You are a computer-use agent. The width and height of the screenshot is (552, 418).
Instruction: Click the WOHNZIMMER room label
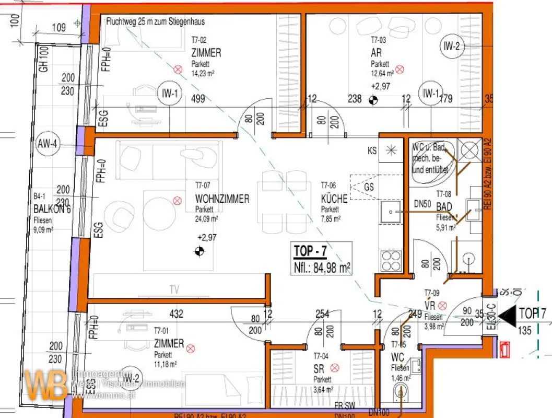click(222, 199)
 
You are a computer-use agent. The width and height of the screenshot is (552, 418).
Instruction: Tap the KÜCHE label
click(334, 199)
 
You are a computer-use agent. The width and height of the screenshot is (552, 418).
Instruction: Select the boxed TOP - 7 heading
click(311, 251)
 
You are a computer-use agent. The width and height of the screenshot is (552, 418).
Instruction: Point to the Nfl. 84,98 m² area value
click(322, 268)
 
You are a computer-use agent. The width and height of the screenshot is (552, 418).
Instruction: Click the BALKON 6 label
click(52, 210)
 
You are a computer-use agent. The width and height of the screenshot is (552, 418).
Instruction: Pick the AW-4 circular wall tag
click(46, 145)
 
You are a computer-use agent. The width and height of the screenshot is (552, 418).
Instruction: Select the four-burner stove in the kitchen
click(391, 260)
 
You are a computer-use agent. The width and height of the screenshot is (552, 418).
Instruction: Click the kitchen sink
click(390, 212)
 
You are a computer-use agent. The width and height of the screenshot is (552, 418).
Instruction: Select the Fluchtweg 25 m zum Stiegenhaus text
click(155, 22)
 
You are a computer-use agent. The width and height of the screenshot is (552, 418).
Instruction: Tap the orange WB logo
click(45, 384)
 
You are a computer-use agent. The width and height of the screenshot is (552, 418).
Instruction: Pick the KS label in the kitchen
click(372, 151)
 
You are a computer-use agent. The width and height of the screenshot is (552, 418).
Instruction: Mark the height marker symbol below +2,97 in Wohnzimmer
click(199, 252)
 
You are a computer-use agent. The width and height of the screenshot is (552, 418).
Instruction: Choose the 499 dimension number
click(197, 99)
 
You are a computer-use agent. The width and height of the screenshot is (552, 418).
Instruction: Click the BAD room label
click(444, 207)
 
